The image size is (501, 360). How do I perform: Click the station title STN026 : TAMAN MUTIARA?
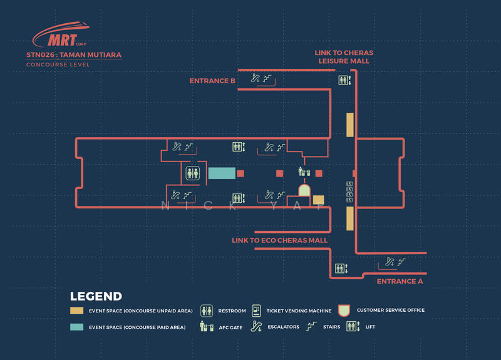point(74,55)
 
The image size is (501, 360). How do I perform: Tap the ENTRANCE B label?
point(212,81)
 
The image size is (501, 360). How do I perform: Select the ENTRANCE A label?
point(400,282)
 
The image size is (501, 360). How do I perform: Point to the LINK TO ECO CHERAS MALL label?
point(279,240)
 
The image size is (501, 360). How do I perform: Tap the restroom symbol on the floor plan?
point(192,173)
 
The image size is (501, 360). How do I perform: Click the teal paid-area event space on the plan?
point(221,173)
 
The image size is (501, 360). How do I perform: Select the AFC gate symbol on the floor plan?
point(304,171)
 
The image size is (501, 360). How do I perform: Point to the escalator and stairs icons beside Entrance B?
point(261,80)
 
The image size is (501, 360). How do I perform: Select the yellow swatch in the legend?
point(77,311)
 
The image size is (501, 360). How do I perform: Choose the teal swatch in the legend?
point(77,327)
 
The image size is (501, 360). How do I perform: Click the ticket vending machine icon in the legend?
point(256,311)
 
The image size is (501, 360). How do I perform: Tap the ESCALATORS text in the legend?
point(283,327)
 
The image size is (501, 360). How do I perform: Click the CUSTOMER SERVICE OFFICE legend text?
point(391,311)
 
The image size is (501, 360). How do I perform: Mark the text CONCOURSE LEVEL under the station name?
point(58,65)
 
